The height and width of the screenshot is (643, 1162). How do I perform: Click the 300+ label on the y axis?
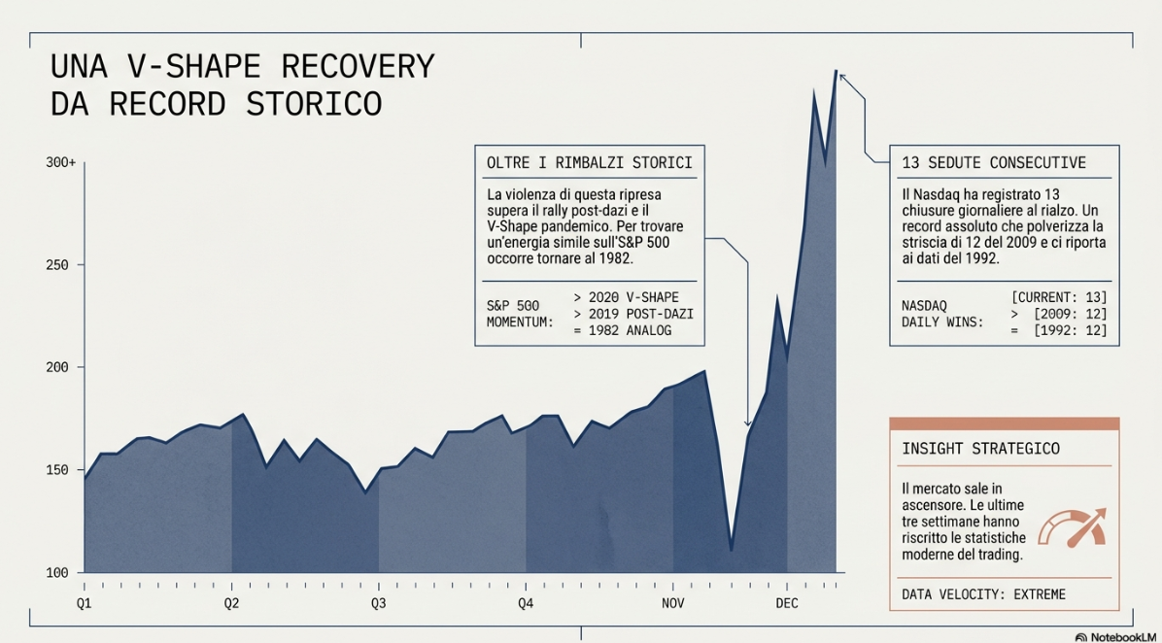60,162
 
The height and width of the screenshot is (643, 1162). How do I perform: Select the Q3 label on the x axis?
378,603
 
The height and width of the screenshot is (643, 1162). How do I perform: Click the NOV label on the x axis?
673,603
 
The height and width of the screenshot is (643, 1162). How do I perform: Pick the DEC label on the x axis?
787,603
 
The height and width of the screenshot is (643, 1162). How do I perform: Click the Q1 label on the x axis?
84,603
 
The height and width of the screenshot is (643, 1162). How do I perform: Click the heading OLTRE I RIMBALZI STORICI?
589,162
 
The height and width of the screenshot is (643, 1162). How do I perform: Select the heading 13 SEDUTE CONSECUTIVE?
994,162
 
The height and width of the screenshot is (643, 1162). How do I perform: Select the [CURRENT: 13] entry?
1058,296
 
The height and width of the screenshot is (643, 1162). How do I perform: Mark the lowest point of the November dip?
731,551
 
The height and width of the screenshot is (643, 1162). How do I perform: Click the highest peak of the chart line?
836,70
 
